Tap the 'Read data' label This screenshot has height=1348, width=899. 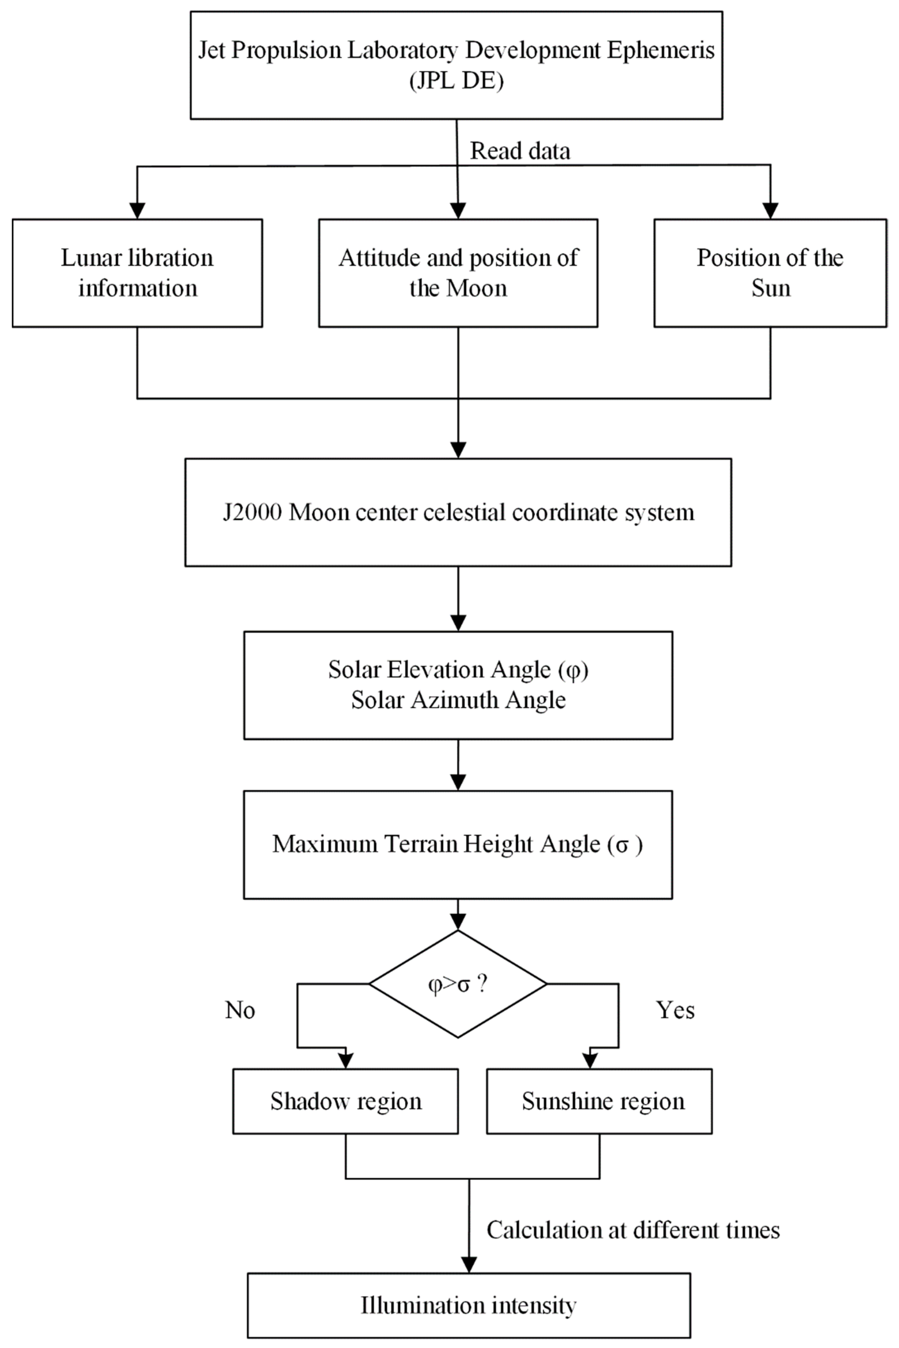point(520,151)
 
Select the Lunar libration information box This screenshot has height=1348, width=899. point(137,273)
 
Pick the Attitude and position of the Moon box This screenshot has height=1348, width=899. point(458,273)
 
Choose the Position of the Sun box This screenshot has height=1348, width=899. point(770,273)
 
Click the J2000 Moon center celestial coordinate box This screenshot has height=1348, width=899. point(458,512)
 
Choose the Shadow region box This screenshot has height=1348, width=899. point(346,1101)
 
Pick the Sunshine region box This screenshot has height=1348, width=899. point(599,1101)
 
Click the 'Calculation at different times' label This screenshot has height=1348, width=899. point(633,1230)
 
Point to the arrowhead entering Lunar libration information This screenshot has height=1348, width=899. point(137,211)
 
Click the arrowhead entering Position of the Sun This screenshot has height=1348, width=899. point(770,211)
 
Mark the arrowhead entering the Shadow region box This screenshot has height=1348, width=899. point(346,1061)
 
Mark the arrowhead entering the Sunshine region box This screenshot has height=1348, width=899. point(590,1061)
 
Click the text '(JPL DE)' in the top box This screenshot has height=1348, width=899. point(456,80)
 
